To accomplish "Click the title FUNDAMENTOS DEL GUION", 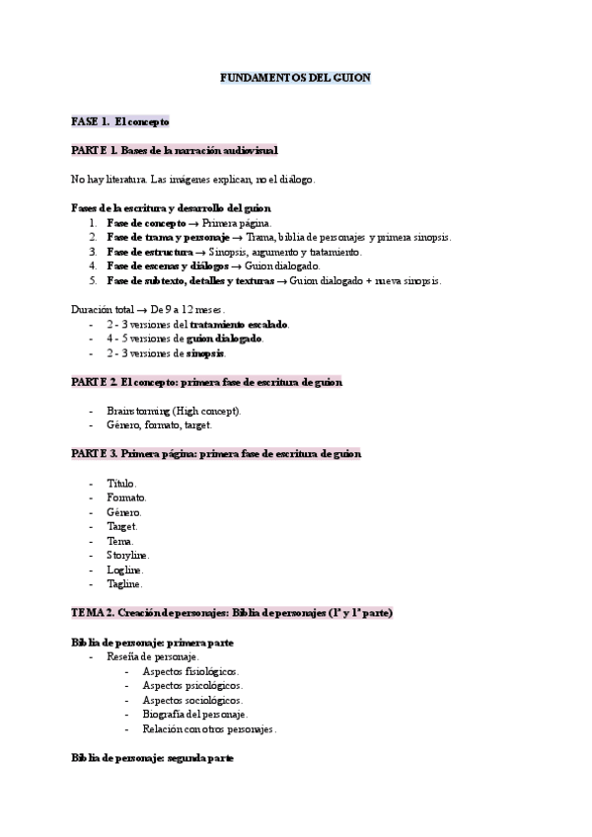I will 294,77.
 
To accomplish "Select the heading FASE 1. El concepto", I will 120,121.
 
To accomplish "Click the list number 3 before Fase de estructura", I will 92,252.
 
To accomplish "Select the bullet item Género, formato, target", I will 158,425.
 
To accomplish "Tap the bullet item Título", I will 121,484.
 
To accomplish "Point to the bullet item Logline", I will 124,570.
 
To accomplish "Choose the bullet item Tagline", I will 124,584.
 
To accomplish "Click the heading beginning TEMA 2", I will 232,613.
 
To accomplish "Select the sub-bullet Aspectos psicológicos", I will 191,685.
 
